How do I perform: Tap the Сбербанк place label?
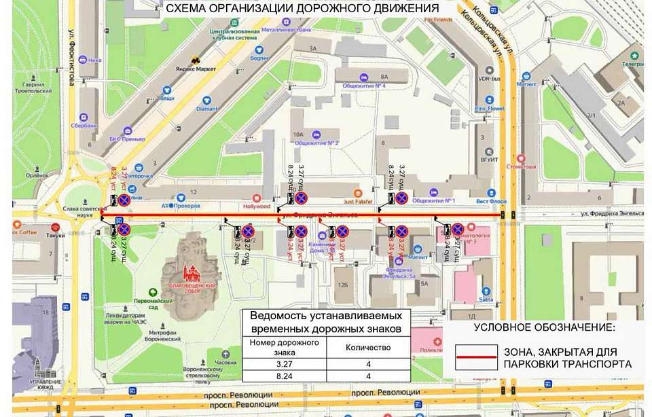pyautogui.click(x=83, y=126)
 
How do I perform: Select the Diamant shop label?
pyautogui.click(x=207, y=109)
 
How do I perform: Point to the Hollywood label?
pyautogui.click(x=257, y=206)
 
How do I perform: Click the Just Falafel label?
pyautogui.click(x=359, y=201)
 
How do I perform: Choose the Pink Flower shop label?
pyautogui.click(x=490, y=109)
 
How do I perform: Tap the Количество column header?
pyautogui.click(x=369, y=347)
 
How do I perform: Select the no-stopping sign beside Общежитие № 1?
pyautogui.click(x=401, y=198)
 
